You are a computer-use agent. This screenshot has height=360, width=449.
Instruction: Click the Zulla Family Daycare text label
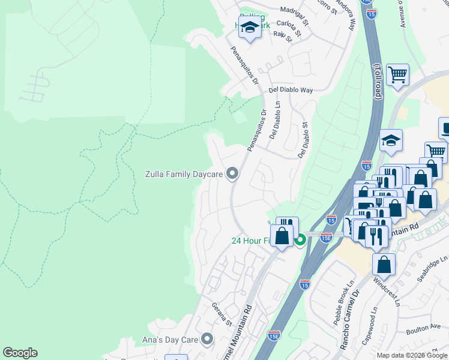(x=184, y=175)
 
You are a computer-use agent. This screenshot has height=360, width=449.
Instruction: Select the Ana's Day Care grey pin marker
(x=207, y=340)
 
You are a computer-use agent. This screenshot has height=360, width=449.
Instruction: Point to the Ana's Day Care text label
(x=173, y=340)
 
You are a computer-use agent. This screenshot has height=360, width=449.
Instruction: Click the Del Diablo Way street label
(x=291, y=90)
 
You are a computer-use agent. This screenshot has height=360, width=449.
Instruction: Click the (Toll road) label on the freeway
(x=378, y=81)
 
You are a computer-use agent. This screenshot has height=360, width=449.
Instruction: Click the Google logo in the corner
(x=20, y=353)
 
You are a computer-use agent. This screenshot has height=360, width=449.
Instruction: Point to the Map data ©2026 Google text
(x=412, y=355)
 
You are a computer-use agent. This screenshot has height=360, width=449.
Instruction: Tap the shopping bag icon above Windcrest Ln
(x=384, y=265)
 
